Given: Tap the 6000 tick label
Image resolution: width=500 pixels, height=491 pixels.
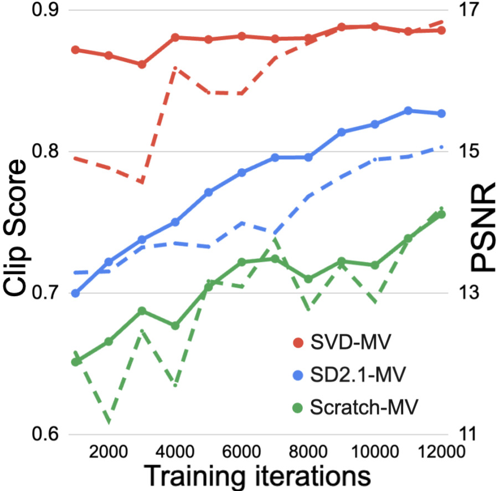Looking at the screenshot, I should [241, 451].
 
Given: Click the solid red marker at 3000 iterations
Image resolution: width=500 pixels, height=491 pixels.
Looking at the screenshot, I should [142, 65].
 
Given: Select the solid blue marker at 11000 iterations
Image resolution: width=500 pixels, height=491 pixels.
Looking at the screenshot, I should [408, 111].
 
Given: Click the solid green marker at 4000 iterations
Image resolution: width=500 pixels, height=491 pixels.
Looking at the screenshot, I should [175, 326].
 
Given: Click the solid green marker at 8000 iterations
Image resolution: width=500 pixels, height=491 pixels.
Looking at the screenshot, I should [308, 279].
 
